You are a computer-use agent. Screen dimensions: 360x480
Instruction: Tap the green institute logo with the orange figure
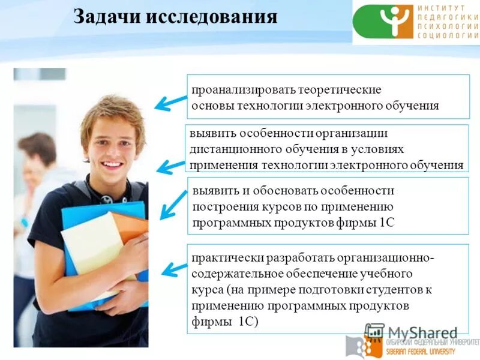point(383,22)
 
